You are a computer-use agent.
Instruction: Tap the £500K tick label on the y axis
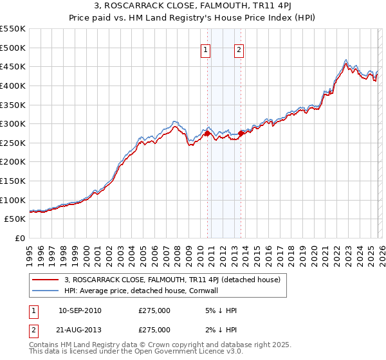point(14,48)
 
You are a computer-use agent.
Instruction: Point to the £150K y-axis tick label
point(14,162)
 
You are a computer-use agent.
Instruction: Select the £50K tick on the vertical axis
point(16,219)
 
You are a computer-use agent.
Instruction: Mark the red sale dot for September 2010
point(207,133)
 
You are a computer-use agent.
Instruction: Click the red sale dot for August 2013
point(241,133)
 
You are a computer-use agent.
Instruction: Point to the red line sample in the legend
point(46,280)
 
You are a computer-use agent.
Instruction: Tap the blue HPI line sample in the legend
point(46,291)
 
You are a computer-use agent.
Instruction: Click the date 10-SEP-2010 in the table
point(80,310)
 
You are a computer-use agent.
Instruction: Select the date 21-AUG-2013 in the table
point(80,330)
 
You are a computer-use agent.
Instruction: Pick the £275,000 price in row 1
point(154,310)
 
